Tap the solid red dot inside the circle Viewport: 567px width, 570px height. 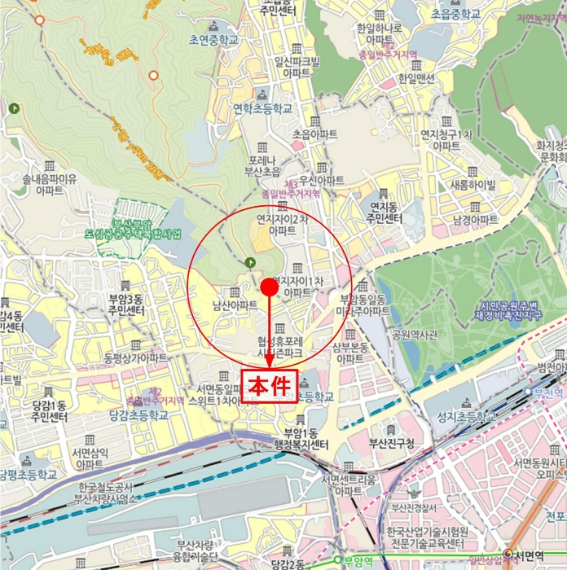click(269, 287)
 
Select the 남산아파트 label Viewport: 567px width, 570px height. click(235, 305)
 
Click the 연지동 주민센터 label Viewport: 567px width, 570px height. click(386, 213)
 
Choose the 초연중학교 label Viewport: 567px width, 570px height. click(213, 38)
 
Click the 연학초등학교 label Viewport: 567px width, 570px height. click(262, 107)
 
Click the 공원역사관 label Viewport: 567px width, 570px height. click(415, 334)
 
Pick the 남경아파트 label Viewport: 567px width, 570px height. click(475, 220)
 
